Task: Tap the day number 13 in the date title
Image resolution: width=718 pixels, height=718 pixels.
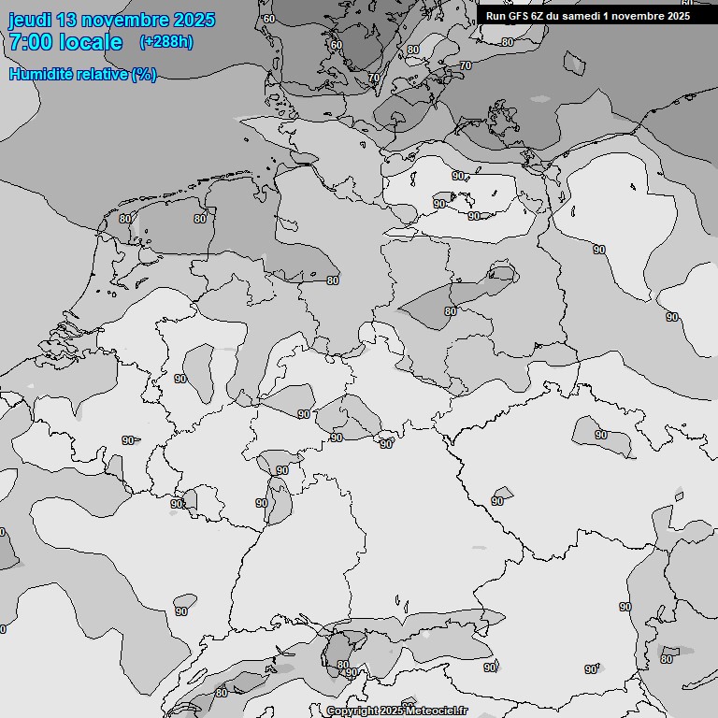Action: pyautogui.click(x=66, y=20)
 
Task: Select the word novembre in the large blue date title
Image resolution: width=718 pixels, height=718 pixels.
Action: pyautogui.click(x=124, y=20)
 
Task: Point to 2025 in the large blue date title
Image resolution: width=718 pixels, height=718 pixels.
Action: pyautogui.click(x=194, y=20)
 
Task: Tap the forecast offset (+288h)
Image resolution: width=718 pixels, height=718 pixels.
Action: pyautogui.click(x=165, y=42)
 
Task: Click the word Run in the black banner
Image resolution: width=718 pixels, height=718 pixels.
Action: pyautogui.click(x=496, y=16)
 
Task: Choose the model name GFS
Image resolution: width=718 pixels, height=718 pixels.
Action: pyautogui.click(x=520, y=16)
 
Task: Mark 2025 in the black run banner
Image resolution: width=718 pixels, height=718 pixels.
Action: pyautogui.click(x=678, y=16)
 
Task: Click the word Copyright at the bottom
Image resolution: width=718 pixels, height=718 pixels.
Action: pyautogui.click(x=352, y=711)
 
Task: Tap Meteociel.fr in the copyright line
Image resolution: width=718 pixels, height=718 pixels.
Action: pyautogui.click(x=436, y=711)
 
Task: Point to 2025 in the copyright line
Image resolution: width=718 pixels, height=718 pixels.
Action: pyautogui.click(x=392, y=711)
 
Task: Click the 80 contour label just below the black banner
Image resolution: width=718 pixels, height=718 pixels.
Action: pyautogui.click(x=508, y=41)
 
